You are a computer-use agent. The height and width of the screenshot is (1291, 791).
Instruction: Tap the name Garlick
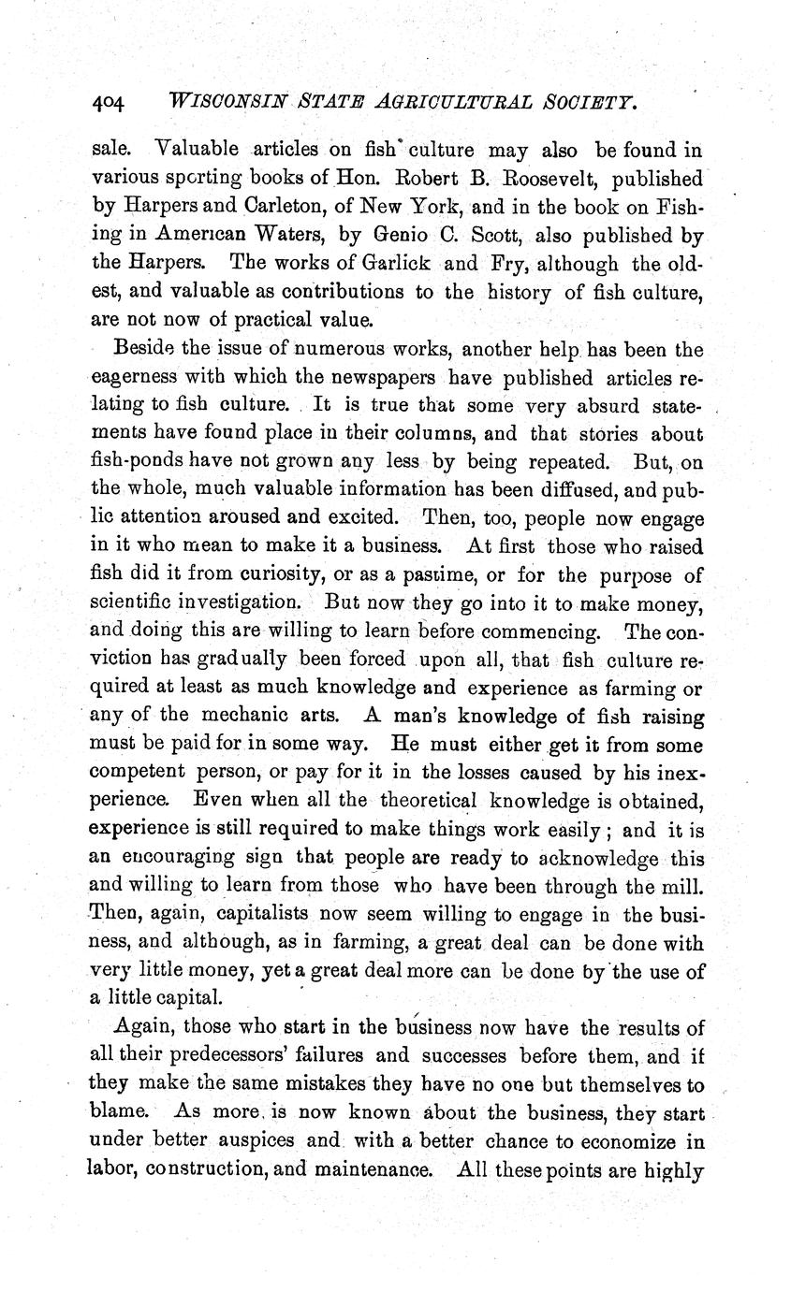391,262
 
